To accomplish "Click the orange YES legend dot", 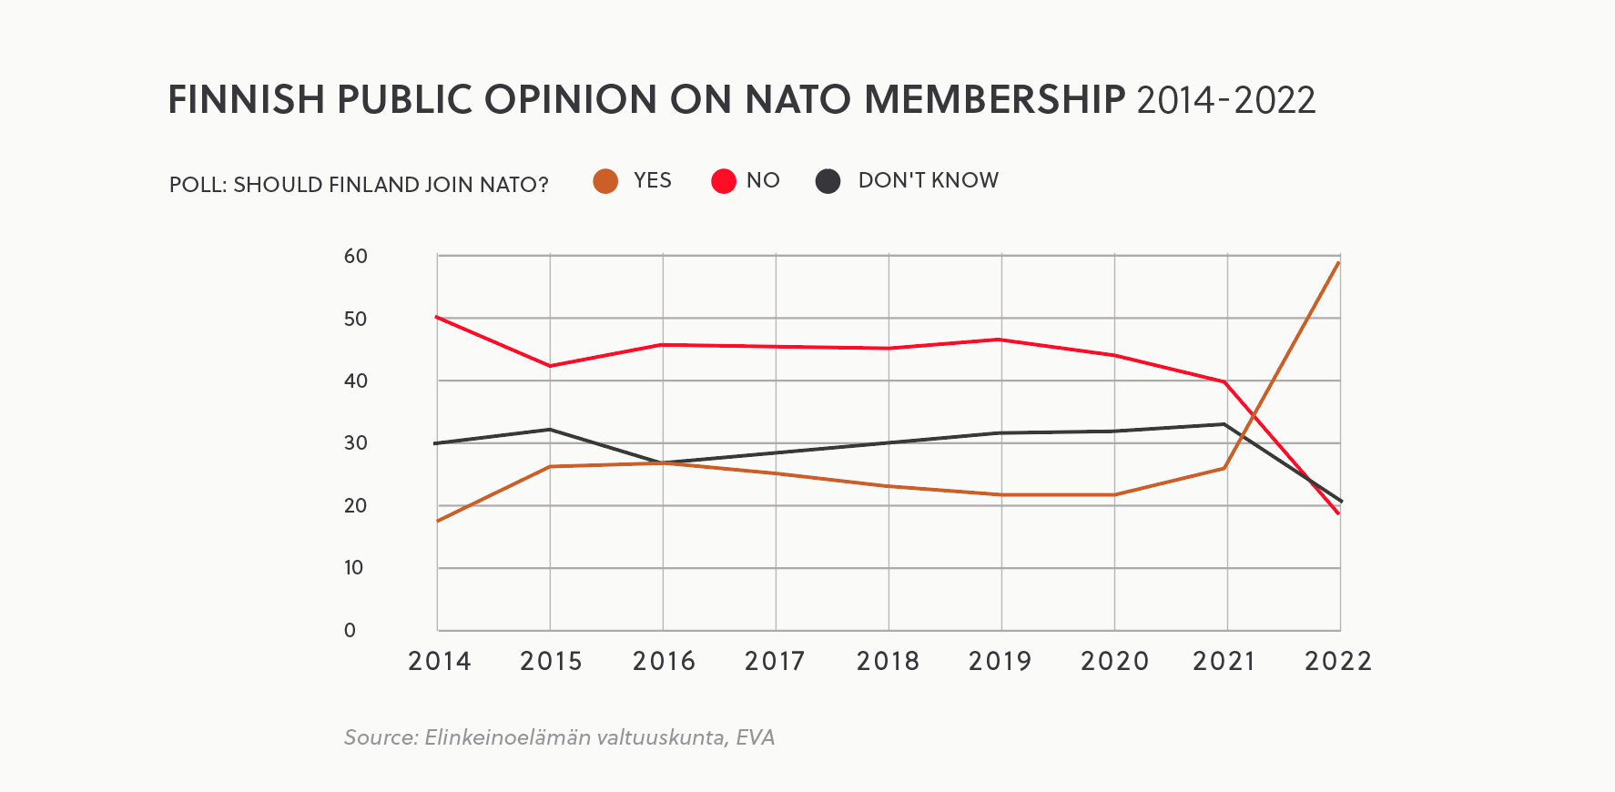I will [605, 181].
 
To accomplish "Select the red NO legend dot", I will [724, 181].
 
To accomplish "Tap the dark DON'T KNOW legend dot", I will [828, 181].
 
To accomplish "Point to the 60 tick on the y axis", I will [355, 257].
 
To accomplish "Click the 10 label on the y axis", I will [353, 568].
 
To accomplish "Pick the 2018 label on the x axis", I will [888, 662].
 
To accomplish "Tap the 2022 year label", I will [1337, 662].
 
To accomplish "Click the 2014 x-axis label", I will [439, 662].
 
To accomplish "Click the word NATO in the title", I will [797, 100].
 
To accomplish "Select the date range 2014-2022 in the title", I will [1225, 100].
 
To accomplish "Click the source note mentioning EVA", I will [559, 737].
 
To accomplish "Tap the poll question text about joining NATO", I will [359, 185].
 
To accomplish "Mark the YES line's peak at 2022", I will [1338, 263].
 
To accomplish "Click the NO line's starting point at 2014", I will [438, 317].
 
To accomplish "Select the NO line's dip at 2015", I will [550, 366].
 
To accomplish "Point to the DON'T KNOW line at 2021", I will [1225, 424].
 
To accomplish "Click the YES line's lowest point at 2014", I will [438, 521].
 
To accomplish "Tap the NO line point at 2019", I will [1000, 340].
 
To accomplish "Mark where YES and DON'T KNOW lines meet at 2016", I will [663, 462].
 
